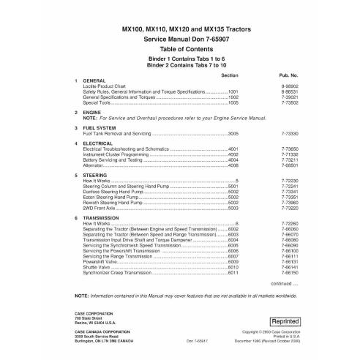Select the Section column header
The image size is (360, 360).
point(229,75)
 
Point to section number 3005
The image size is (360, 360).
point(233,134)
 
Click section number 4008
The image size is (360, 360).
point(233,165)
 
